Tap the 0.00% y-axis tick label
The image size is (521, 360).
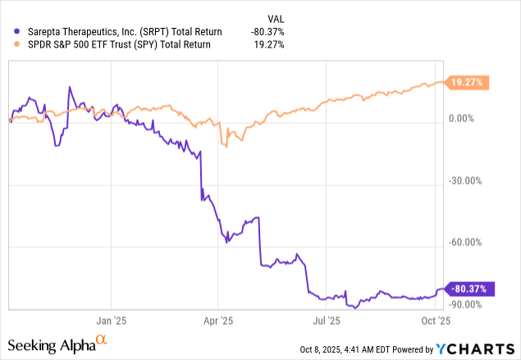point(466,119)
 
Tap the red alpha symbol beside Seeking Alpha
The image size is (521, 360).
point(101,340)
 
